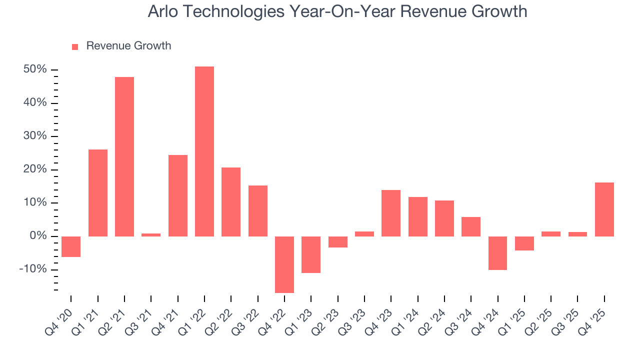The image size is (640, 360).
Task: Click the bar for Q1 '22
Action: tap(204, 151)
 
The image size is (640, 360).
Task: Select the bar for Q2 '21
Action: tap(124, 156)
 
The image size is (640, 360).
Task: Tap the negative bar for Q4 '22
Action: tap(284, 264)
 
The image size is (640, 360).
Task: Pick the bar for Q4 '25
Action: tap(604, 209)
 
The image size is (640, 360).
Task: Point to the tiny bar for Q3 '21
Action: tap(151, 234)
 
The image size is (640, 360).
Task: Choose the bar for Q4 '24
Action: tap(498, 253)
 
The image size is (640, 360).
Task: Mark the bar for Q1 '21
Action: tap(98, 192)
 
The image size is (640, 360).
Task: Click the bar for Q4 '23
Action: tap(391, 213)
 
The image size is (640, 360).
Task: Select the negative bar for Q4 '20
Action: tap(71, 246)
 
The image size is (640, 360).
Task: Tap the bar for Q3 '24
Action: tap(471, 226)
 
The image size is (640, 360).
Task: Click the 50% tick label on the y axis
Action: tap(35, 69)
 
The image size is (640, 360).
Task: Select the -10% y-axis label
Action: tap(33, 269)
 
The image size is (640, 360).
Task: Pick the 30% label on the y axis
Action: tap(35, 136)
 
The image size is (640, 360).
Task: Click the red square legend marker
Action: tap(75, 46)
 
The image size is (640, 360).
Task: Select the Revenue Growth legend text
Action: tap(128, 46)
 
